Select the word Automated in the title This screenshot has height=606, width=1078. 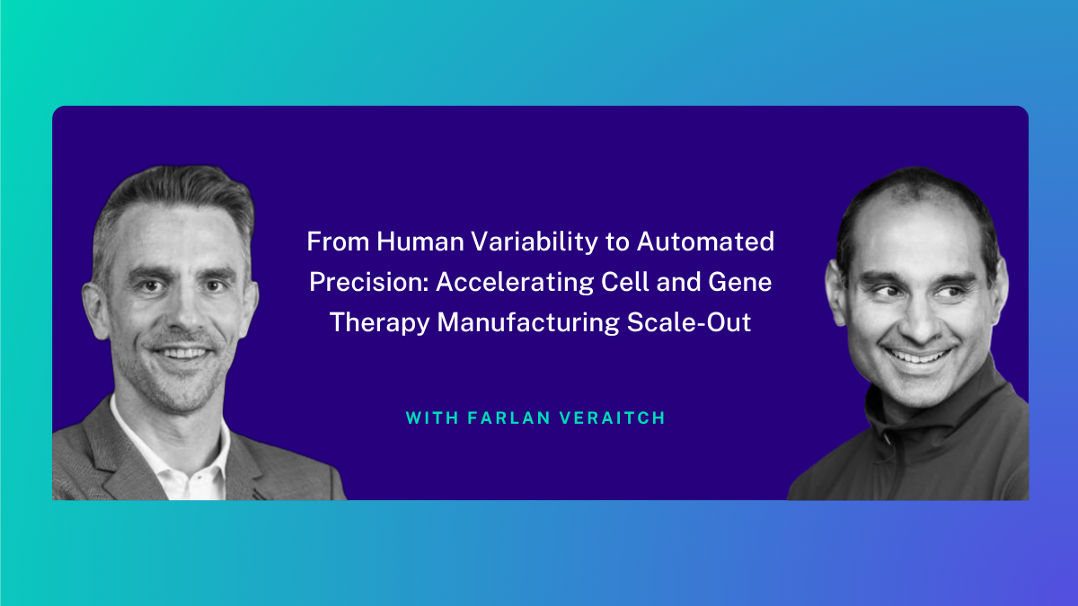click(x=705, y=242)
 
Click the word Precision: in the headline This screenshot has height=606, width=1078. click(x=368, y=282)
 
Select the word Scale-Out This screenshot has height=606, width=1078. click(x=689, y=322)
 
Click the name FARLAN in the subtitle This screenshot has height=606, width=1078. click(x=509, y=418)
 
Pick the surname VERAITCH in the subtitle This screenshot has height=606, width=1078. click(x=613, y=418)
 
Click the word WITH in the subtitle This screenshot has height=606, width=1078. click(x=432, y=418)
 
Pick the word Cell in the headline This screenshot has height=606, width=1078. click(x=625, y=282)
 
